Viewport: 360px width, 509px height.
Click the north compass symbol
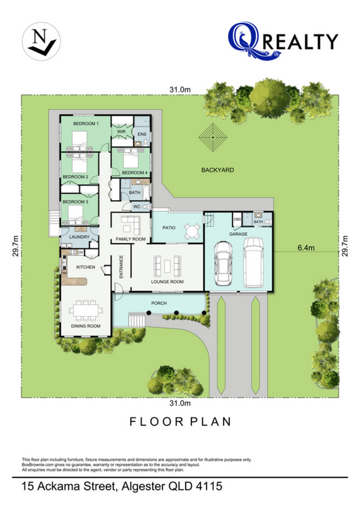41,41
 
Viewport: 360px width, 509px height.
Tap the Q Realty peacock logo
254,41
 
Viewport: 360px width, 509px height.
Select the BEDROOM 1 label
86,123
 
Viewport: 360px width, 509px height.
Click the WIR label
121,131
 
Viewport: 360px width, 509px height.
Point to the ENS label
142,134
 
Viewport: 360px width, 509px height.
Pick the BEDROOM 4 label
135,172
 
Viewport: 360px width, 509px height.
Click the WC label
137,206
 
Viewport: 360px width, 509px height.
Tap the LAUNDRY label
79,237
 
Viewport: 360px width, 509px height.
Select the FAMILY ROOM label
131,239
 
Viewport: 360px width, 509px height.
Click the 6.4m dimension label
306,248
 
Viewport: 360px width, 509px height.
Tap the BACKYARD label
218,170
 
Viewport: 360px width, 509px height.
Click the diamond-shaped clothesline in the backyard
213,137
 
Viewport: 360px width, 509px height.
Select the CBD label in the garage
237,219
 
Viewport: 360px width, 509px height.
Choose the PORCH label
159,303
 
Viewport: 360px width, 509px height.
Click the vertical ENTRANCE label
121,267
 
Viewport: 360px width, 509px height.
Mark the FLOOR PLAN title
180,422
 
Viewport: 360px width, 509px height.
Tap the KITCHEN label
86,267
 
